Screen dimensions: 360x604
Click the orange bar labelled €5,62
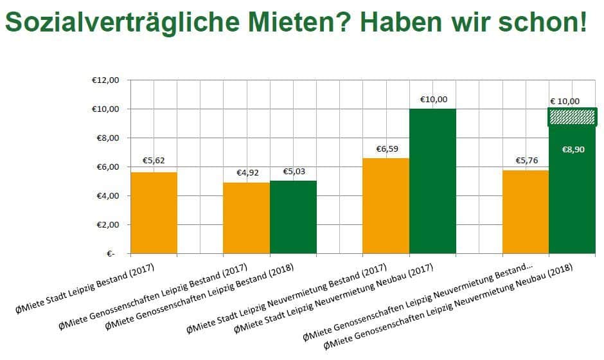pos(154,213)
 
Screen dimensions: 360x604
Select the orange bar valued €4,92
pos(246,218)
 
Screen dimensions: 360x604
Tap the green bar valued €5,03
pos(293,217)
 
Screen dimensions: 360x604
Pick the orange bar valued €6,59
pos(386,206)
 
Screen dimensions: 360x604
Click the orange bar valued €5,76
pos(526,212)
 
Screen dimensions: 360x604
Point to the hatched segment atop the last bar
pos(573,117)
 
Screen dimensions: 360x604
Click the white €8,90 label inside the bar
pos(573,149)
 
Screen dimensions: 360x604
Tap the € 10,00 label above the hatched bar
pos(565,101)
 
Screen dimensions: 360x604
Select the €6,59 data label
pos(387,149)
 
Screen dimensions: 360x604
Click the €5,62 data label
pos(155,161)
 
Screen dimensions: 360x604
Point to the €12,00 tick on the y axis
pos(105,80)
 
